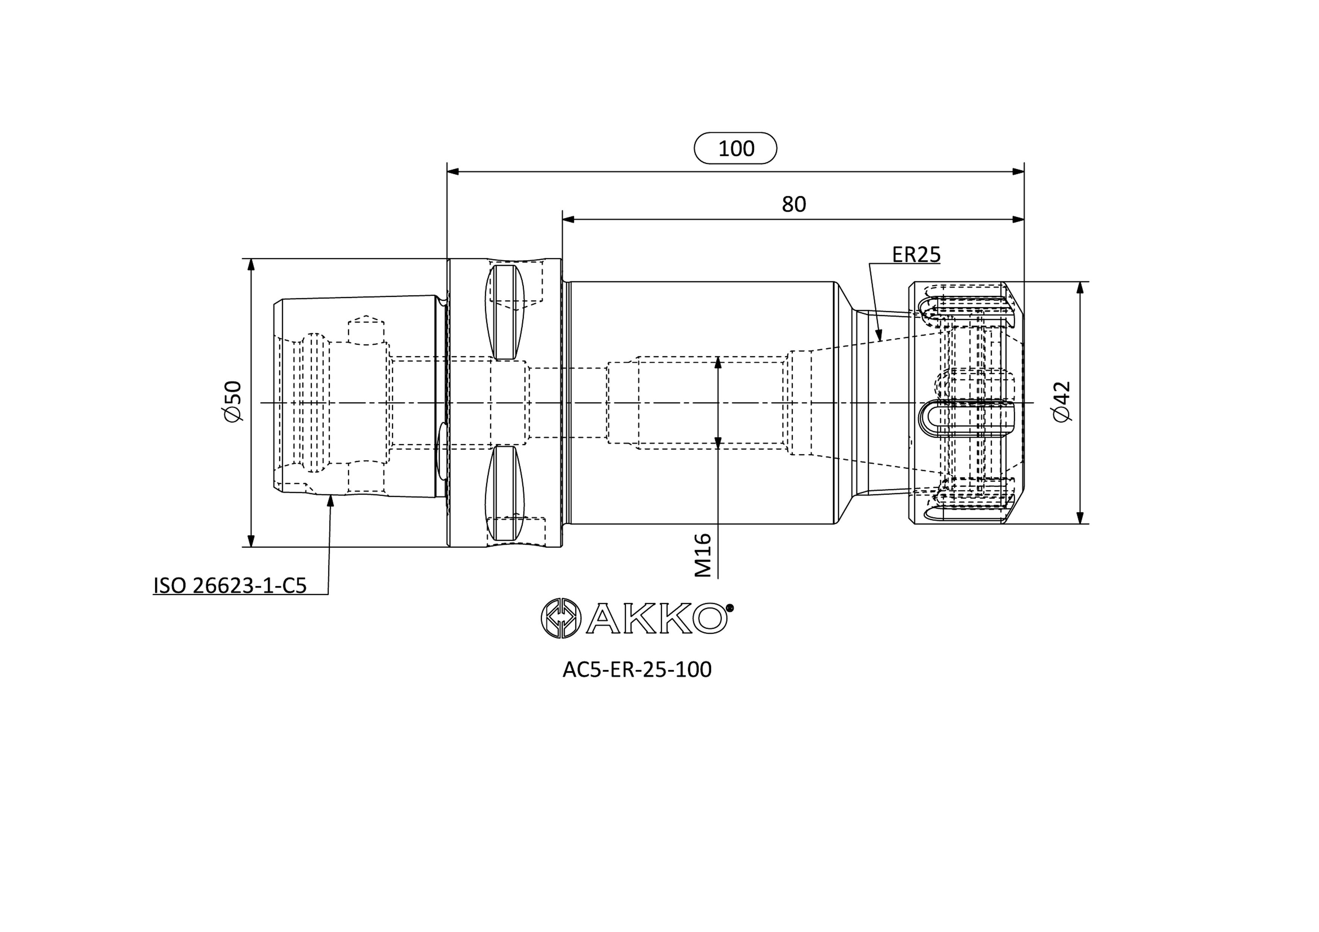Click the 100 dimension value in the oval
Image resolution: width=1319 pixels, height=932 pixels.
pyautogui.click(x=736, y=149)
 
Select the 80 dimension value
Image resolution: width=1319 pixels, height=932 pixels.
pyautogui.click(x=794, y=204)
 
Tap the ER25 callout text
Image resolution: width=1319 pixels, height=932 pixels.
pyautogui.click(x=916, y=254)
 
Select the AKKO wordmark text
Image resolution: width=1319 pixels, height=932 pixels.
pyautogui.click(x=655, y=618)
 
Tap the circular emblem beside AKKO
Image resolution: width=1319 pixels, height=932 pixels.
pyautogui.click(x=561, y=618)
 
